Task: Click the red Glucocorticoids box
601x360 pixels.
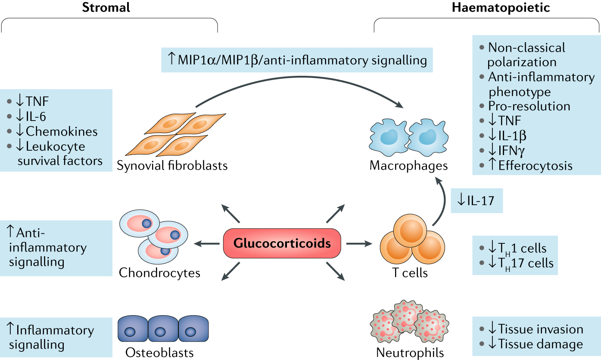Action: click(282, 244)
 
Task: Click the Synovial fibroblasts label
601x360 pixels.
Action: click(172, 165)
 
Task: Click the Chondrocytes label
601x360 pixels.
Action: click(160, 273)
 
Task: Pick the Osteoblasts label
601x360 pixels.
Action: click(160, 353)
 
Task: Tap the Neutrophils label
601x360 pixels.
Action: click(410, 353)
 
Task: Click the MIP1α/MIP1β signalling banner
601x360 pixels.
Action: click(297, 60)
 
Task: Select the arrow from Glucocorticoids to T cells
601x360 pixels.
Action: click(358, 244)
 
